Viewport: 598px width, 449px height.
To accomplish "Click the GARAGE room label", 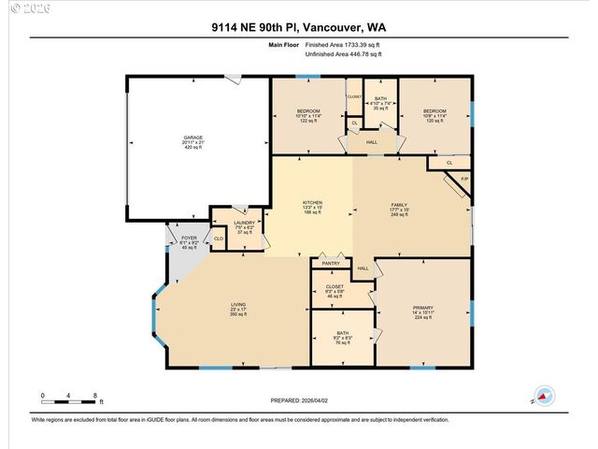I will (193, 138).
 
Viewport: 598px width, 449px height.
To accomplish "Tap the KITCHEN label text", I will (312, 202).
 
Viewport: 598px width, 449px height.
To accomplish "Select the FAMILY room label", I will (399, 202).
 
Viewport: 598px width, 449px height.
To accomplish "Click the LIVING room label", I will (239, 304).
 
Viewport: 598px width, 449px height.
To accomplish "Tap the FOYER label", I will (189, 239).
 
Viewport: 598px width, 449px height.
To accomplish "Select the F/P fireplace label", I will (464, 179).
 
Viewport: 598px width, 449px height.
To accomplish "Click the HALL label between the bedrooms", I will (371, 143).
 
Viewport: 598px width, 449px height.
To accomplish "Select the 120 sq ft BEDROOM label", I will (435, 111).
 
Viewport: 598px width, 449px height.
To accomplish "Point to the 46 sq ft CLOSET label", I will (335, 287).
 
